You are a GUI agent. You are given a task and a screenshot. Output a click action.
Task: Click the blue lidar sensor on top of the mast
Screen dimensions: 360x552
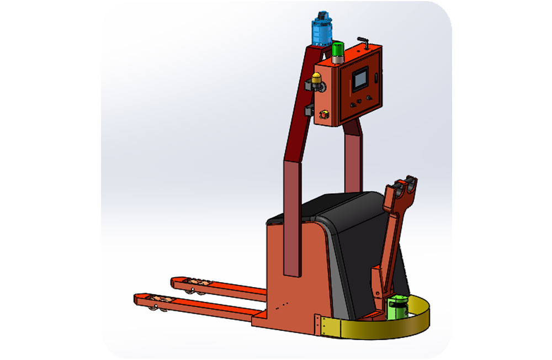[321, 29]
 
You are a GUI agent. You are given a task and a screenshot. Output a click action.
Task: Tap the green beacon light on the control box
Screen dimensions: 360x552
[337, 50]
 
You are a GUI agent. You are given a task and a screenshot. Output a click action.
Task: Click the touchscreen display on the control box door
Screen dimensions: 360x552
[360, 79]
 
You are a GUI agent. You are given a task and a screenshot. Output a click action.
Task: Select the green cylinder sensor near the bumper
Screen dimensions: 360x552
[397, 307]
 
